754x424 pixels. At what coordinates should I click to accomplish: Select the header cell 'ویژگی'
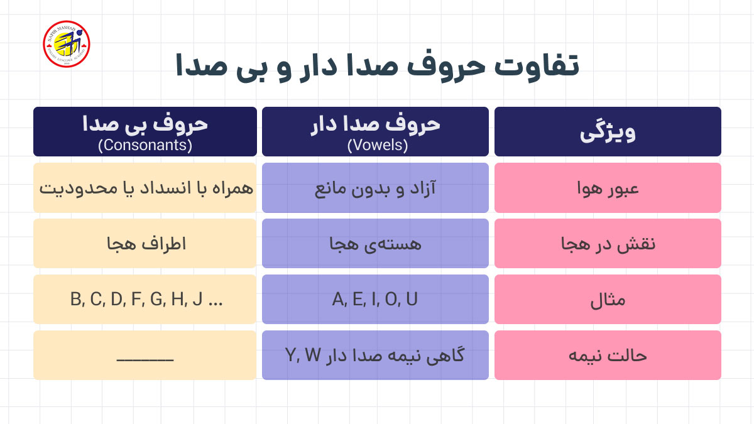pos(608,133)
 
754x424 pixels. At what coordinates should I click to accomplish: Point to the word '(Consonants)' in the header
pos(145,146)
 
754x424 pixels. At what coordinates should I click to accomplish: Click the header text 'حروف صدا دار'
pos(376,124)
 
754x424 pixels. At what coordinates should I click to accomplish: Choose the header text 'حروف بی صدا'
pos(145,124)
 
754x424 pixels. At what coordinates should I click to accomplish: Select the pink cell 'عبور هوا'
pos(608,188)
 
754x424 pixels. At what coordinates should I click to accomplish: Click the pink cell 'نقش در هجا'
pos(608,244)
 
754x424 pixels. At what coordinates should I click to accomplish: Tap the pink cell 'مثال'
pos(608,300)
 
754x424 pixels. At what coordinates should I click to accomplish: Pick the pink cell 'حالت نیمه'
pos(608,356)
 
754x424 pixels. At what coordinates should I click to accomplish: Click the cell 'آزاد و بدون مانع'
pos(375,188)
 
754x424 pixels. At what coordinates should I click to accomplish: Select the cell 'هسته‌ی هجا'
pos(375,244)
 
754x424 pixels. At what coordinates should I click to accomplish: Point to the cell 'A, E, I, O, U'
pos(375,300)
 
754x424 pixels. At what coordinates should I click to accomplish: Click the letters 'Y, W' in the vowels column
pos(303,356)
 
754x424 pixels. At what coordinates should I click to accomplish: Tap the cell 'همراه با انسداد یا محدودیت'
pos(145,188)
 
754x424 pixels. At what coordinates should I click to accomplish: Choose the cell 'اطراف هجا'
pos(145,244)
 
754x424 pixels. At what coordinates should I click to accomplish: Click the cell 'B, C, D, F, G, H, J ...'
pos(145,300)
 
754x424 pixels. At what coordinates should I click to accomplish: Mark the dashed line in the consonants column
pos(145,359)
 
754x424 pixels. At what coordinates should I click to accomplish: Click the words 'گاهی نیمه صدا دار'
pos(396,356)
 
